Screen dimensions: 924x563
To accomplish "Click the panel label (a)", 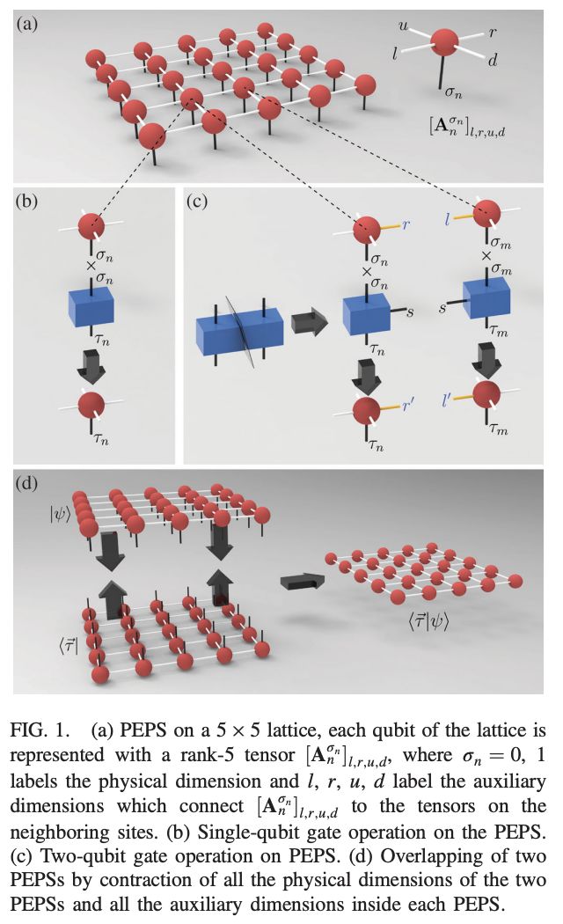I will click(x=27, y=24).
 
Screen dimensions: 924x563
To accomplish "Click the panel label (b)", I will click(x=28, y=202).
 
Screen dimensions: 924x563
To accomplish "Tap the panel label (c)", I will click(x=196, y=202).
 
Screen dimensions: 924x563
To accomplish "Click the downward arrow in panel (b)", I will click(x=91, y=363).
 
